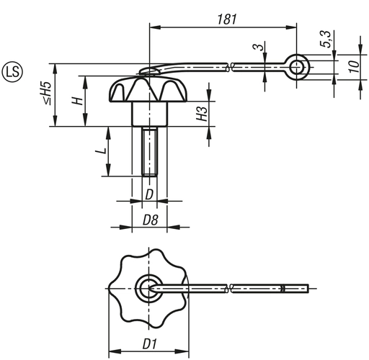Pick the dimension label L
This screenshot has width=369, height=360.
point(102,151)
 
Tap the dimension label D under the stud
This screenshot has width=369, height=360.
point(148,194)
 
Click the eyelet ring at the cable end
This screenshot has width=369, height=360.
point(295,67)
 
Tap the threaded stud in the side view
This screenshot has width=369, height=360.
point(148,151)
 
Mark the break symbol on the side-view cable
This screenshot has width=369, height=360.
point(230,68)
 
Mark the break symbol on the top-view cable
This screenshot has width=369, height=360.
point(230,289)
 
